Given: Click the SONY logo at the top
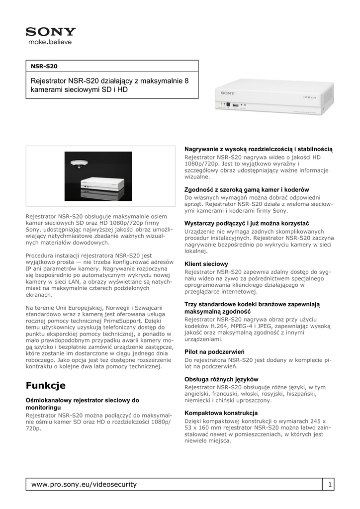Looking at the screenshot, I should [x=51, y=32].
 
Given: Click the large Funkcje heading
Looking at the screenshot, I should [x=46, y=386].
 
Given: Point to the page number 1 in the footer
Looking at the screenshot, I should [x=329, y=484].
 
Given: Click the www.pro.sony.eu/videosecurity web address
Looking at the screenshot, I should [x=84, y=484].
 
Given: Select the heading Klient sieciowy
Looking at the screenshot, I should [x=206, y=264].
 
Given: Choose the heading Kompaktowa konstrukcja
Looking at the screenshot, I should [x=221, y=413].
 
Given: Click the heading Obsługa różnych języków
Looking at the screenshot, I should [x=221, y=379].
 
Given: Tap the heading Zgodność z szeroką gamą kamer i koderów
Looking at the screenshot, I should [x=247, y=189].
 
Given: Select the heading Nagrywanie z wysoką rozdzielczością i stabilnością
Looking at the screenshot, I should [x=259, y=149].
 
